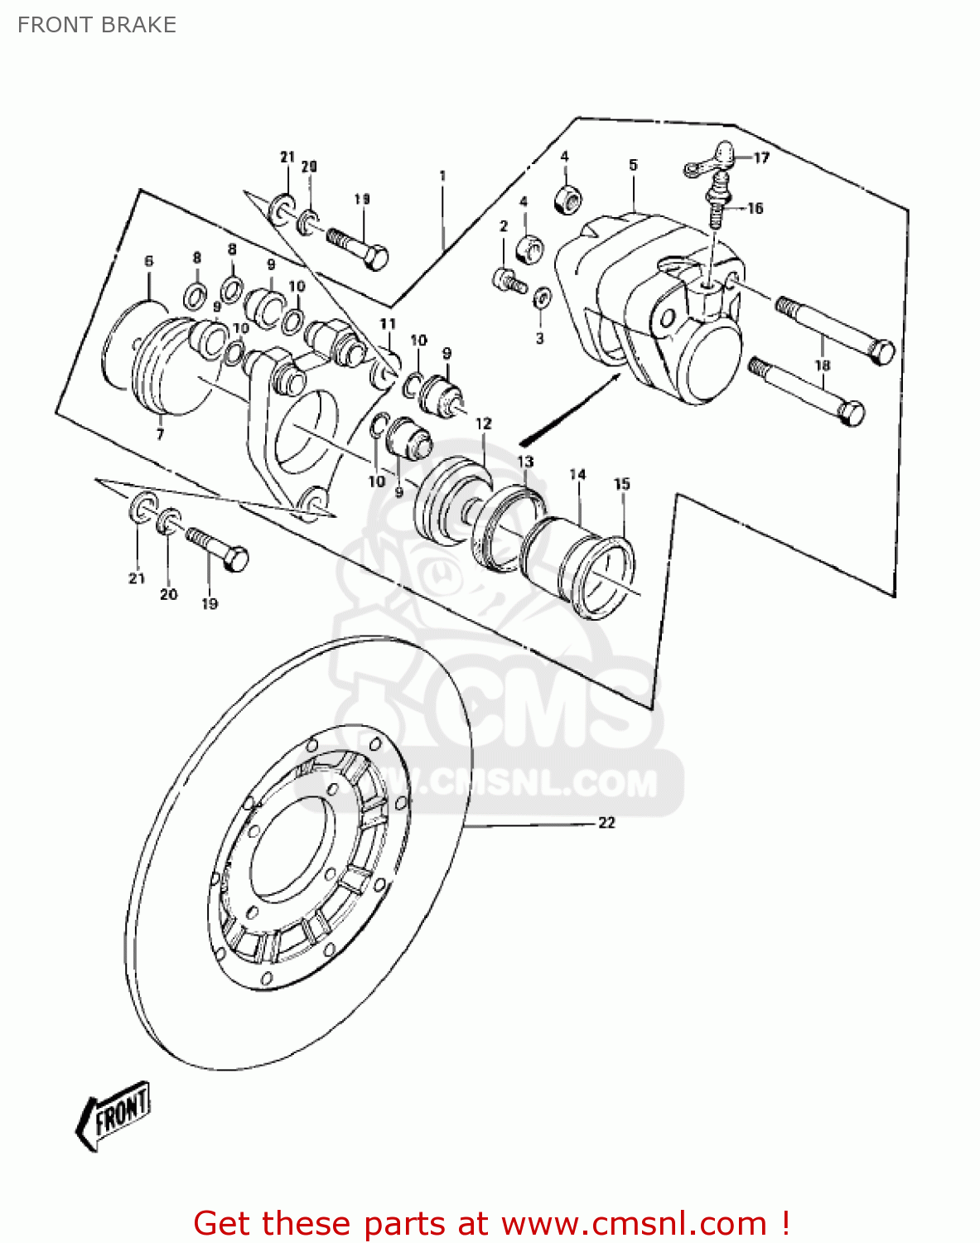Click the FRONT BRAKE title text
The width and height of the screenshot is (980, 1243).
(97, 25)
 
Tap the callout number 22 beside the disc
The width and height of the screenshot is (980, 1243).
(606, 822)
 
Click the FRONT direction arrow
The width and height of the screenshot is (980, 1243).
(114, 1115)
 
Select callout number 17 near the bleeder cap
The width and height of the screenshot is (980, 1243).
(760, 157)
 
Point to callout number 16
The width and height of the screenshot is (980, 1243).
(755, 208)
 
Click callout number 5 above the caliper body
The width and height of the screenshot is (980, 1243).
(633, 165)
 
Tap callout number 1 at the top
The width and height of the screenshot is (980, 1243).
(442, 176)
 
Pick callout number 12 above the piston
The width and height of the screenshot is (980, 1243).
(484, 423)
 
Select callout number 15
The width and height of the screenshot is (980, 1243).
(622, 484)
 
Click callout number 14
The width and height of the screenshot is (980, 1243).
(577, 475)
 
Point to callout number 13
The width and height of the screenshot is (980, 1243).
(526, 462)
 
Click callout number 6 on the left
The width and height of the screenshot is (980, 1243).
(149, 261)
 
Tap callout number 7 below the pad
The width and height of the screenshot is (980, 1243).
(160, 433)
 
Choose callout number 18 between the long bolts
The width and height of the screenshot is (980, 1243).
(822, 365)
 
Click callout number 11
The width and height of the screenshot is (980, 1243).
(388, 323)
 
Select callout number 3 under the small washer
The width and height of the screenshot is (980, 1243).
(539, 338)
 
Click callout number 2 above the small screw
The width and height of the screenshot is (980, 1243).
(503, 226)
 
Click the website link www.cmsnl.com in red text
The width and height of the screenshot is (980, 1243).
(634, 1223)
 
